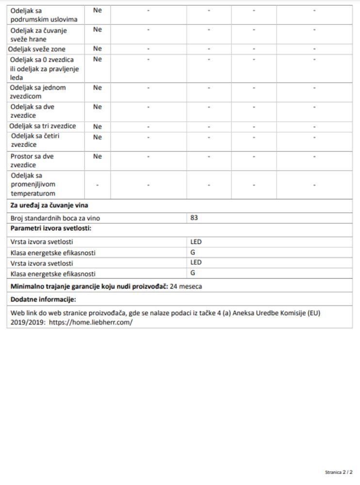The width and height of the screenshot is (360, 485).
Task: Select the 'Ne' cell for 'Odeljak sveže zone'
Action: (x=97, y=49)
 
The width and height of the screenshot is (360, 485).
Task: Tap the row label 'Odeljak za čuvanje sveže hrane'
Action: (x=39, y=35)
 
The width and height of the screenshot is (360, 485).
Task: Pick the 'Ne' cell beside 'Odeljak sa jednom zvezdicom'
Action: (x=97, y=88)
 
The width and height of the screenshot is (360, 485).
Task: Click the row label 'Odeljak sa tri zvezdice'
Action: (x=43, y=127)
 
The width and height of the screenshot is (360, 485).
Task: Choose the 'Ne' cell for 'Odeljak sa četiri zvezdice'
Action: (x=97, y=137)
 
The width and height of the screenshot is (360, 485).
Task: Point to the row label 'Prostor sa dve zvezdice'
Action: (x=32, y=161)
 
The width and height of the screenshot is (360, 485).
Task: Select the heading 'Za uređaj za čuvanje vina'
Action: (x=49, y=205)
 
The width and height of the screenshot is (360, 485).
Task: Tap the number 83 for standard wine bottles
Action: (x=194, y=218)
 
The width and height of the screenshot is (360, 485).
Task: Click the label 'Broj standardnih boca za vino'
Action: (x=55, y=218)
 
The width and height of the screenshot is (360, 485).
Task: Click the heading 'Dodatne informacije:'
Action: (x=43, y=299)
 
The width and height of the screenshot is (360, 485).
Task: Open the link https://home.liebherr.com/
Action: (x=91, y=322)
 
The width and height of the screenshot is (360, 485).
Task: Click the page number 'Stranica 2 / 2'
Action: (x=339, y=472)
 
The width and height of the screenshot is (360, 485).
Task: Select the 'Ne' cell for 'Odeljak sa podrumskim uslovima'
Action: (x=97, y=10)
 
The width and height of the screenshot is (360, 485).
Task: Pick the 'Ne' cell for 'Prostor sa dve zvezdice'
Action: (x=97, y=156)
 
